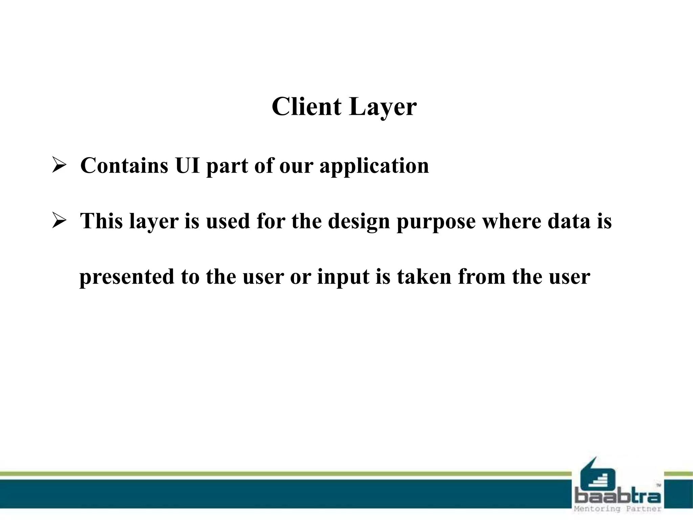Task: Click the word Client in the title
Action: click(x=306, y=107)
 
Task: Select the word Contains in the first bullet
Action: click(x=124, y=166)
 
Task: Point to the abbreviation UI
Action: click(x=187, y=166)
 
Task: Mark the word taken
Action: click(x=424, y=277)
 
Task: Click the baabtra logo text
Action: click(x=618, y=497)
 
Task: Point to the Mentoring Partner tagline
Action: click(x=618, y=509)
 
